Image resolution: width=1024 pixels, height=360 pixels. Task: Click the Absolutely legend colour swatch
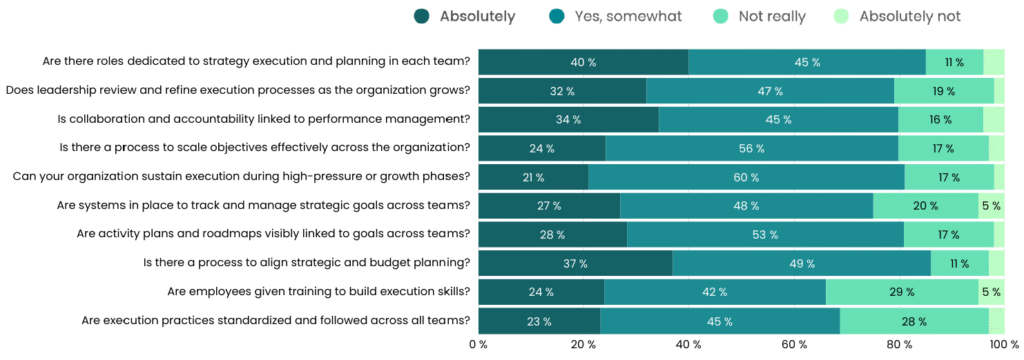coord(421,16)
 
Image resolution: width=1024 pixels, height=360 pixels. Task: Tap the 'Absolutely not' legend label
coord(896,16)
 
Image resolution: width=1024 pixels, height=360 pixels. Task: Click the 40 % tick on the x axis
coord(689,345)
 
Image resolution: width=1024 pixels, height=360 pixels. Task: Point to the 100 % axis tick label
coord(1002,345)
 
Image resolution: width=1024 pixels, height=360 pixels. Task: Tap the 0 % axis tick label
coord(478,345)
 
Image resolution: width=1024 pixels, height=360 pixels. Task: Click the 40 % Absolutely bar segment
coord(584,62)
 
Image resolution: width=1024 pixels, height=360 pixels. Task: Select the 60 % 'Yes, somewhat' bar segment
coord(746,177)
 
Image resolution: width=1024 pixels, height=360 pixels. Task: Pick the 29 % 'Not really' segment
coord(902,292)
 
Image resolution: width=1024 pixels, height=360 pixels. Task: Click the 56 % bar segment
coord(752,148)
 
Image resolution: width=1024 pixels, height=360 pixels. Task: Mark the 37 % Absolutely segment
coord(576,263)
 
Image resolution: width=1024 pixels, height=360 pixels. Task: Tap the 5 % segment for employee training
coord(991,292)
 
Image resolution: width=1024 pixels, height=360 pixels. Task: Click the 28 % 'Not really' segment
coord(914,321)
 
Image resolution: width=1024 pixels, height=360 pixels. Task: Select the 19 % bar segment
coord(944,91)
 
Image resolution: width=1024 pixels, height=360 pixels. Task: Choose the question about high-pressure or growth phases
coord(241,177)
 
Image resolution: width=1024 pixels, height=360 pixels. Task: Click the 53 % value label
coord(766,235)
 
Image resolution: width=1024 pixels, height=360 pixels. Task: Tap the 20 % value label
coord(926,206)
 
